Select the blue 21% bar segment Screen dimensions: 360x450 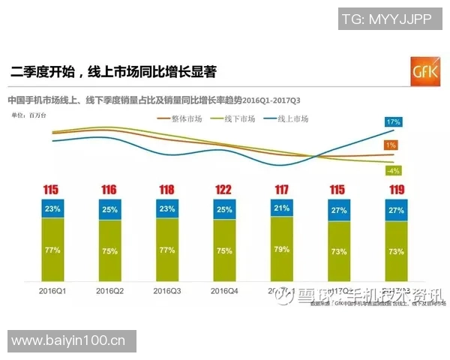click(281, 208)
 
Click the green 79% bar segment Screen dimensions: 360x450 click(281, 249)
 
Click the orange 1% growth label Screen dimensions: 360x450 click(391, 145)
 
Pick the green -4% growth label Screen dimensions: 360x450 click(391, 170)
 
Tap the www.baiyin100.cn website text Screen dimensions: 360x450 click(68, 341)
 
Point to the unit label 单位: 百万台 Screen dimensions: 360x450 click(29, 115)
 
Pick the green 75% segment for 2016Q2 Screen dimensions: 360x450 click(109, 251)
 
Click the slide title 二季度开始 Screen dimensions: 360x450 click(112, 73)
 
